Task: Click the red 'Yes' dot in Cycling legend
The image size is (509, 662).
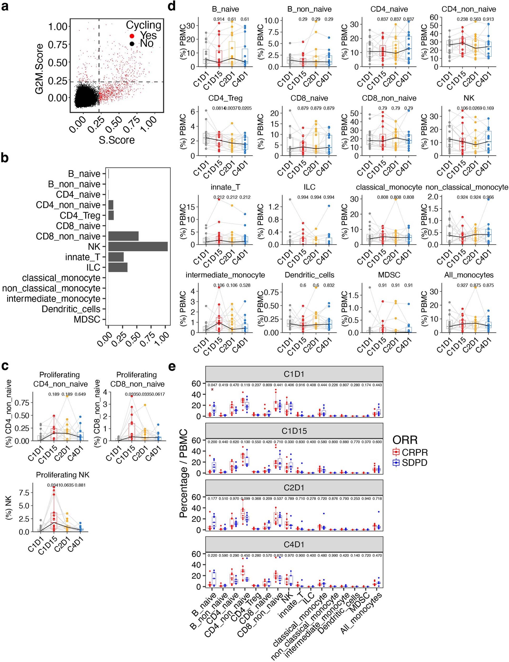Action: click(x=132, y=36)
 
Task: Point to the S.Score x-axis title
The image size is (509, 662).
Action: click(x=117, y=140)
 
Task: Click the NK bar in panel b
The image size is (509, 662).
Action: click(x=138, y=246)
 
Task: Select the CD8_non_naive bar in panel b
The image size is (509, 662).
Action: click(x=123, y=236)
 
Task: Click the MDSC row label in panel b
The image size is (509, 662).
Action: click(x=87, y=319)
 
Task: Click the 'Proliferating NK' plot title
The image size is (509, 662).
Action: click(x=63, y=475)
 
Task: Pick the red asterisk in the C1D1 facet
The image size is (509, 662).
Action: click(x=212, y=390)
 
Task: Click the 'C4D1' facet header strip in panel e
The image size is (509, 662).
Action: click(x=294, y=544)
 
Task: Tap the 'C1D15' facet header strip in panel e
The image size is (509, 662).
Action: click(x=294, y=431)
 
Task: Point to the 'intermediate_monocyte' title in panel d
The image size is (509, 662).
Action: click(x=225, y=275)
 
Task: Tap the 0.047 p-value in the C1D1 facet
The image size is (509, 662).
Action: click(x=212, y=385)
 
